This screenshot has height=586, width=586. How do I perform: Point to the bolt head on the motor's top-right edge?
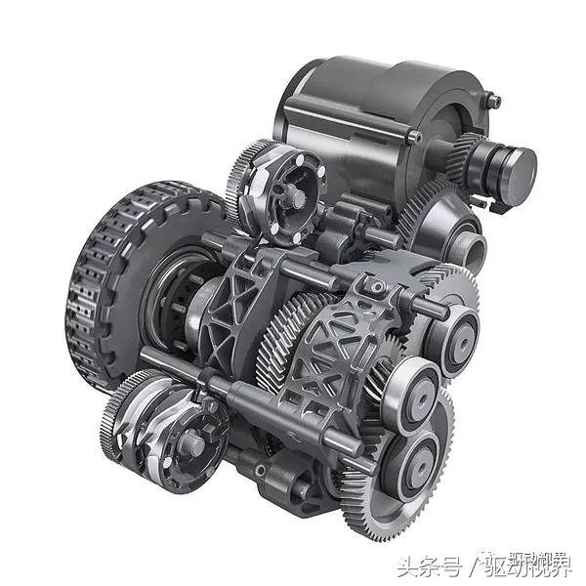click(x=493, y=101)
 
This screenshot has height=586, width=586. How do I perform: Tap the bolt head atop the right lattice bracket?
click(x=372, y=286)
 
